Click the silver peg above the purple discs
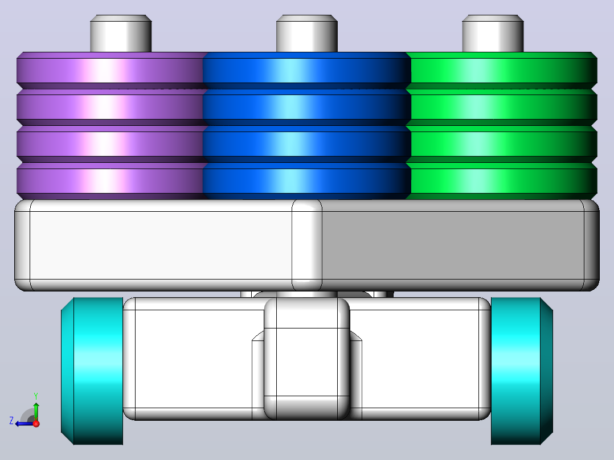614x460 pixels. coord(121,33)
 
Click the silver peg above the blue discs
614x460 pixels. coord(306,33)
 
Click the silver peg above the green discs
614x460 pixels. coord(493,33)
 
